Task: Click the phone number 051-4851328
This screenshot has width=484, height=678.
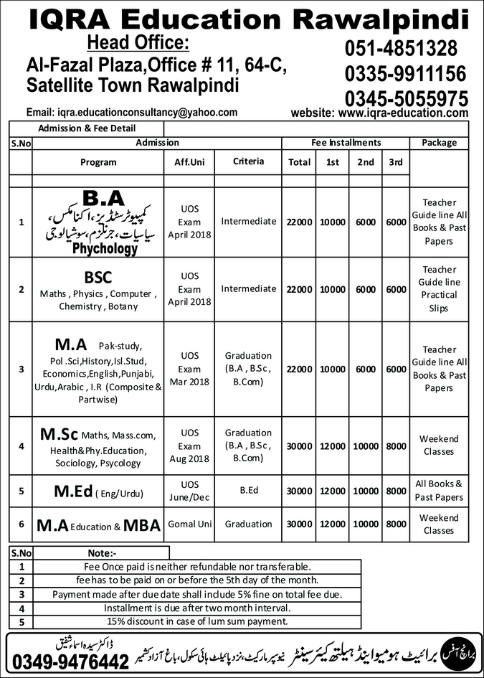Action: pyautogui.click(x=400, y=48)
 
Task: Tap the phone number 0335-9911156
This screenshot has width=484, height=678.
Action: pyautogui.click(x=405, y=73)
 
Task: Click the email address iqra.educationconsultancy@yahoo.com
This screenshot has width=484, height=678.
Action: pyautogui.click(x=131, y=113)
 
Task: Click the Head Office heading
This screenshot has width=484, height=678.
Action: pyautogui.click(x=138, y=43)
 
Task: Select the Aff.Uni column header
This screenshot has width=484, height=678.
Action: pyautogui.click(x=189, y=163)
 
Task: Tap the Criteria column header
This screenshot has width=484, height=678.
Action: pyautogui.click(x=248, y=162)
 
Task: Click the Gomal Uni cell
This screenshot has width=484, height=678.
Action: pyautogui.click(x=189, y=524)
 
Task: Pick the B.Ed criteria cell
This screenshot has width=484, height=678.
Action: pyautogui.click(x=248, y=491)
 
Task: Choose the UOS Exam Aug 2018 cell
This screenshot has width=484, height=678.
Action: pyautogui.click(x=189, y=446)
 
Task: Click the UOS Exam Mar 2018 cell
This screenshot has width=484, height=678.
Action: pyautogui.click(x=189, y=369)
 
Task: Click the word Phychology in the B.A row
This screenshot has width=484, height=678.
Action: pyautogui.click(x=104, y=249)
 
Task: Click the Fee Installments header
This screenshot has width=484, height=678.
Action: pyautogui.click(x=346, y=143)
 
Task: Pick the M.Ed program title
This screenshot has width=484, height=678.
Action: pyautogui.click(x=74, y=491)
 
